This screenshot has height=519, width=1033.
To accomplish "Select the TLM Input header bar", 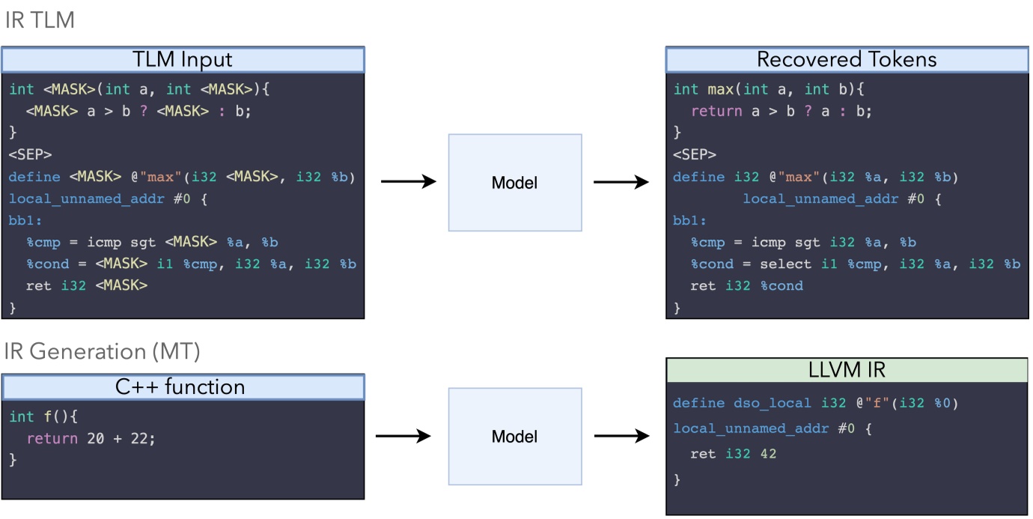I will coord(183,59).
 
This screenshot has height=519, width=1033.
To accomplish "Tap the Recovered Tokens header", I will coord(847,59).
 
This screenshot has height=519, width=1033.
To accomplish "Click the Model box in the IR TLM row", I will coord(515,182).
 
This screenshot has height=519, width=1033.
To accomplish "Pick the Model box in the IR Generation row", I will coord(515,436).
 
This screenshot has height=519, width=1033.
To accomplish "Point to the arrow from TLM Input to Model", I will coord(408,181).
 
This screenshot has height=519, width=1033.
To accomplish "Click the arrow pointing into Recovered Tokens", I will coord(621,181).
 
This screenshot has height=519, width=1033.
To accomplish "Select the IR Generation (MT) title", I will coord(102,351).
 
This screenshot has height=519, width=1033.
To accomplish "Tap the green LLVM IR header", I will coord(847,370).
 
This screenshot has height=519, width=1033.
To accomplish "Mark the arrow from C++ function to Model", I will coord(405,436).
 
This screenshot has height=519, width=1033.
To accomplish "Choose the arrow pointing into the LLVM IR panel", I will coord(621,436).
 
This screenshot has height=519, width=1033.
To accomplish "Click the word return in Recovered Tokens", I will coord(716,111).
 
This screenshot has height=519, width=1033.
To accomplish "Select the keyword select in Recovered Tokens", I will coord(785,264).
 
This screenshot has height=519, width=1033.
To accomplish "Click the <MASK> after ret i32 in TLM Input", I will coord(121,285).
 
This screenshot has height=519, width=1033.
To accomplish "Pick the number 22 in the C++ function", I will coord(140,438).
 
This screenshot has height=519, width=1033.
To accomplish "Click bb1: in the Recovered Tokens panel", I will coord(689,221).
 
